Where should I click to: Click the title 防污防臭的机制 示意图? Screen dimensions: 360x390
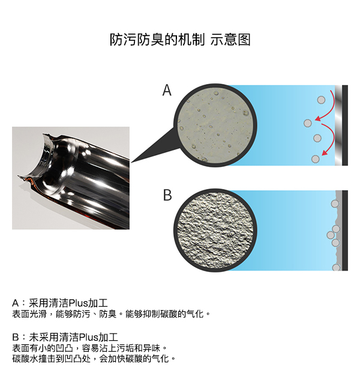click(180, 40)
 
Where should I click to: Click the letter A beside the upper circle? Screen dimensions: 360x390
click(167, 90)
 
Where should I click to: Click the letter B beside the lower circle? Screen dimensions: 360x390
click(167, 195)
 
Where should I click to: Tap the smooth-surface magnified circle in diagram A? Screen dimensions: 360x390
click(215, 125)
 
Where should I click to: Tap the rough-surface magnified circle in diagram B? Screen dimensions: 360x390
click(215, 230)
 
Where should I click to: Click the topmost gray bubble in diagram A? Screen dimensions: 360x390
click(321, 100)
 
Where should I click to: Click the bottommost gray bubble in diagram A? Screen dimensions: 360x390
click(315, 159)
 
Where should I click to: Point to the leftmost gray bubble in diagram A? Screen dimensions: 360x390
click(308, 123)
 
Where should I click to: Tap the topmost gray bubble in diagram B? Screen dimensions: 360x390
click(335, 204)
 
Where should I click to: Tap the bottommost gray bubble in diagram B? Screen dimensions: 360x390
click(336, 268)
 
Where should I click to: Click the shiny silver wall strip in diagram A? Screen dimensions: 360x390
click(338, 125)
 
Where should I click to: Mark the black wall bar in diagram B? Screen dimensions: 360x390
click(345, 230)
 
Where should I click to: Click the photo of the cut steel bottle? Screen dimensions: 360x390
click(71, 178)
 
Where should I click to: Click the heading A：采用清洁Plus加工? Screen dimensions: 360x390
click(60, 303)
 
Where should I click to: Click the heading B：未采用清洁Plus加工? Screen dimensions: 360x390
click(65, 337)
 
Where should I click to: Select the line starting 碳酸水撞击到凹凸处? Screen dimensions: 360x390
click(94, 358)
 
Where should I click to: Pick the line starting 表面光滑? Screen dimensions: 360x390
click(111, 314)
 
